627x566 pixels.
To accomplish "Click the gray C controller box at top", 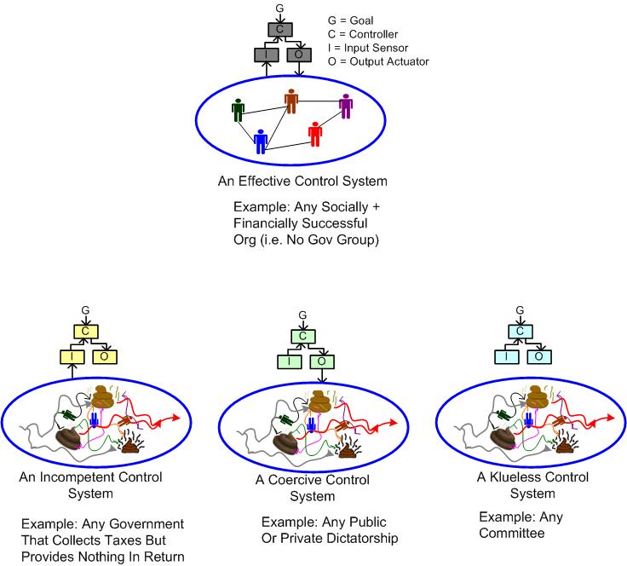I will (x=279, y=30).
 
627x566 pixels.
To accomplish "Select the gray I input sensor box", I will (x=265, y=55).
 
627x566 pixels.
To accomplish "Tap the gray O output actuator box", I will (x=299, y=55).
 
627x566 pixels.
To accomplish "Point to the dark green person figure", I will (x=238, y=110).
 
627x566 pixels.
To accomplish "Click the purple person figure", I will (x=345, y=106).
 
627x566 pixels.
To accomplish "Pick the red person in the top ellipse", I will (x=315, y=133).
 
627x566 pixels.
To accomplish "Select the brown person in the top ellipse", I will (x=291, y=101).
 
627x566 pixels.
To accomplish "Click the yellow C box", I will (x=86, y=331).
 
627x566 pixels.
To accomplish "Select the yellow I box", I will (x=72, y=355).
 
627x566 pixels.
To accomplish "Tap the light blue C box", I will (x=517, y=332).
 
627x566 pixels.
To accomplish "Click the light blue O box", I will (x=536, y=356).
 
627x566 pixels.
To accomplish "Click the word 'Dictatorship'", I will (x=361, y=537).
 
